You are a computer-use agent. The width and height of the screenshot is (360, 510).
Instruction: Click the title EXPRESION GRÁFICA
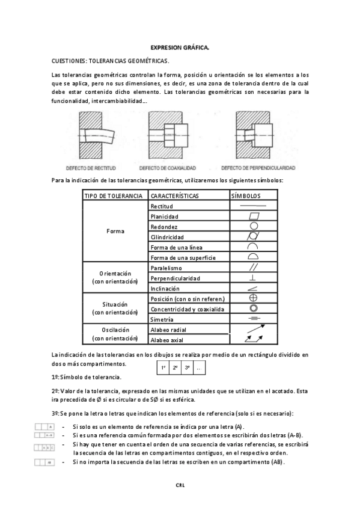click(180, 46)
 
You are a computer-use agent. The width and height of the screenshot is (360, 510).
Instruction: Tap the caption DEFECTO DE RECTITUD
click(91, 168)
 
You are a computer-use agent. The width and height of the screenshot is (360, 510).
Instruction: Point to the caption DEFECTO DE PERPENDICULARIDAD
click(258, 168)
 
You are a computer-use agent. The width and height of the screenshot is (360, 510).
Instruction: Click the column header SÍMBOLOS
click(246, 196)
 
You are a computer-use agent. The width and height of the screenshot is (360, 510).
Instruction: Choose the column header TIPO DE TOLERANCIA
click(114, 196)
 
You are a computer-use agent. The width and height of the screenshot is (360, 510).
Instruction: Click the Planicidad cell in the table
click(165, 217)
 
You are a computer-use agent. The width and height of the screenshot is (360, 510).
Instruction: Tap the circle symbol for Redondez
click(253, 226)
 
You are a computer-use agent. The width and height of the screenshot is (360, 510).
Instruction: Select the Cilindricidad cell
click(168, 237)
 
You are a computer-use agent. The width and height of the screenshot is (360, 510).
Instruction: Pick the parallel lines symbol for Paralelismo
click(253, 268)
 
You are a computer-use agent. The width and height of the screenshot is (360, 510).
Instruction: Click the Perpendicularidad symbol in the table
click(253, 278)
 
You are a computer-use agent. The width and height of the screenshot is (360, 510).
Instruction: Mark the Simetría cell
click(162, 319)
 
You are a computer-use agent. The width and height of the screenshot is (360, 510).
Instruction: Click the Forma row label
click(115, 232)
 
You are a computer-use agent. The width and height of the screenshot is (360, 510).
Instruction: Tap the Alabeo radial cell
click(169, 330)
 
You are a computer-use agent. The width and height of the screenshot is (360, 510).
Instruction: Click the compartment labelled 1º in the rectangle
click(162, 367)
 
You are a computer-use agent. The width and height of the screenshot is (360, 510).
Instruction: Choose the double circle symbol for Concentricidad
click(253, 309)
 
